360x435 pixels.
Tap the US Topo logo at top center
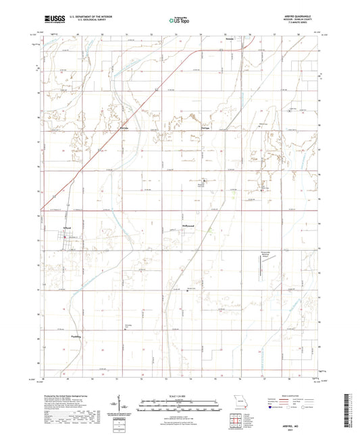pos(179,21)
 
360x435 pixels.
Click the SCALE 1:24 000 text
pos(179,396)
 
